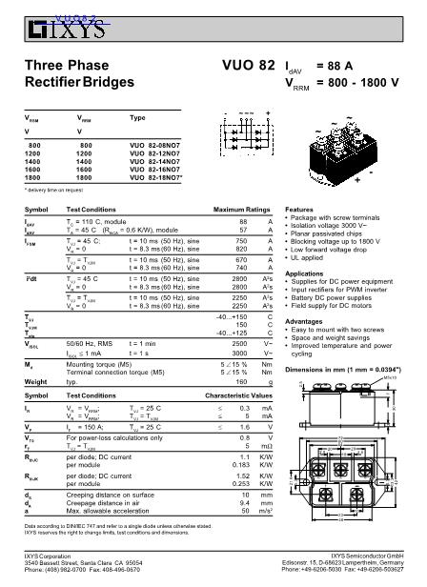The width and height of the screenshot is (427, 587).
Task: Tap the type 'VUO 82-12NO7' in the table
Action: pyautogui.click(x=154, y=153)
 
